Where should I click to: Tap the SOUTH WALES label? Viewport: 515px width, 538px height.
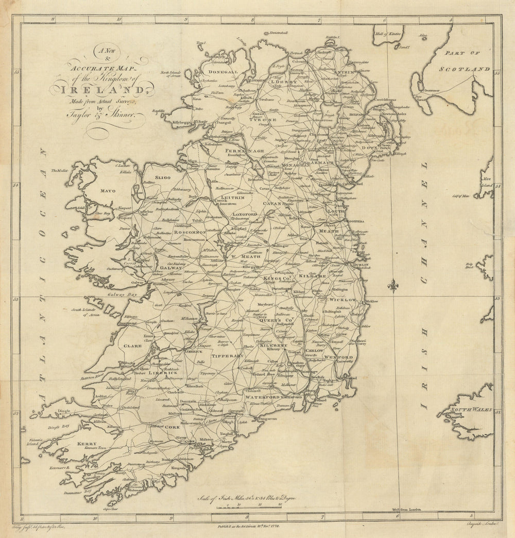pyautogui.click(x=465, y=411)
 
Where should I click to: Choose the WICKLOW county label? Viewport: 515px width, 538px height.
pyautogui.click(x=343, y=299)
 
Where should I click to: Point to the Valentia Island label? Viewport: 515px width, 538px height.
pyautogui.click(x=35, y=438)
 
